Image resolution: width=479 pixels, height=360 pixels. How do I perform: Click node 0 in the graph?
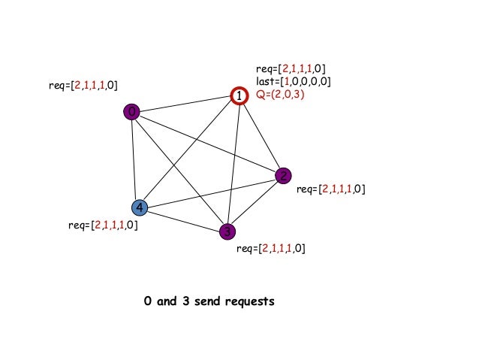132,112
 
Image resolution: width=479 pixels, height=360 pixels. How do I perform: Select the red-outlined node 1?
238,96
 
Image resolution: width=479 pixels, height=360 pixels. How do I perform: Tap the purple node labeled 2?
283,176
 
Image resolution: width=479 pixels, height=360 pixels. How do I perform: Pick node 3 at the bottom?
227,231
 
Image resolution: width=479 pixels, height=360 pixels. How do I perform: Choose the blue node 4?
139,207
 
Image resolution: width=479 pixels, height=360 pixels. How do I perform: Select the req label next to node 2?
330,189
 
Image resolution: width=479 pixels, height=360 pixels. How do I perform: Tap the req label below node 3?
270,248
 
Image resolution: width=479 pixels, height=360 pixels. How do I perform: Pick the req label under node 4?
103,224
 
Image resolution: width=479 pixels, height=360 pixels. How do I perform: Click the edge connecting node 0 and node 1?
185,104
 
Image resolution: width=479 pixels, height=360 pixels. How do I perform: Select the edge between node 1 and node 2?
261,136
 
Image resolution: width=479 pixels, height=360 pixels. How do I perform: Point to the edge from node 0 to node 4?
135,159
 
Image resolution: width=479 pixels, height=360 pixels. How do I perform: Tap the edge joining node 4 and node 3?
183,219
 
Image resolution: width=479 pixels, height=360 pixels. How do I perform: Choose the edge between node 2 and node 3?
255,204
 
